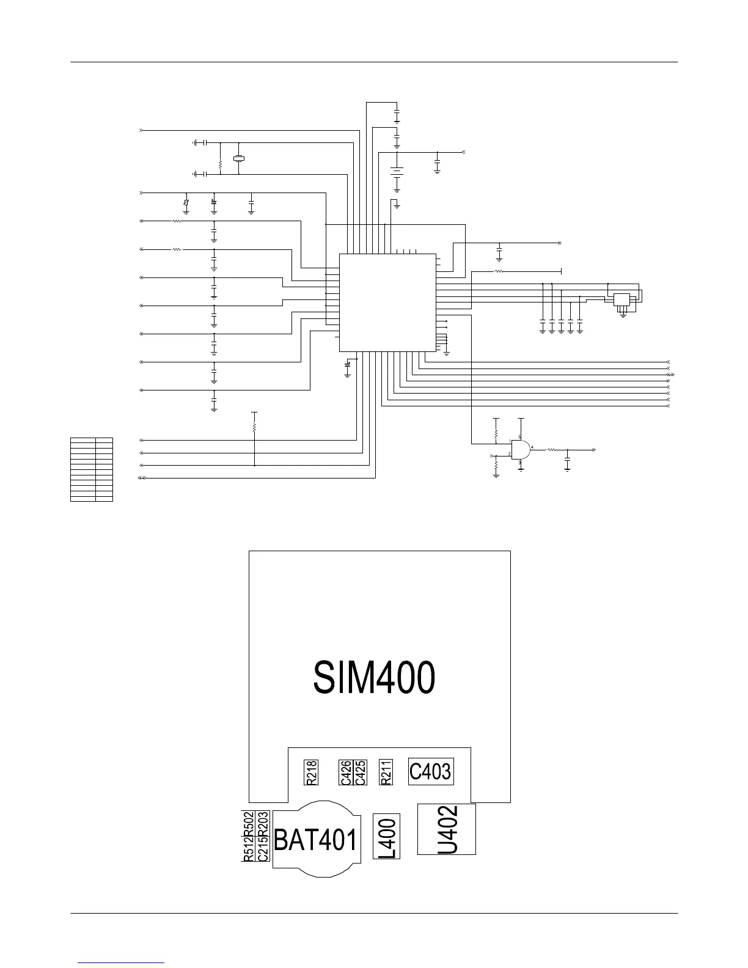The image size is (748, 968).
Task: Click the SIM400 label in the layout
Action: [374, 677]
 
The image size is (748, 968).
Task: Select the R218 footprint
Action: [312, 772]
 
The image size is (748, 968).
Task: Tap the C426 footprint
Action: [346, 772]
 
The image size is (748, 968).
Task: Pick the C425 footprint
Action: [360, 772]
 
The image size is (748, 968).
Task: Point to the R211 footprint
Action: [386, 772]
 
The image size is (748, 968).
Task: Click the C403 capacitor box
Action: [431, 772]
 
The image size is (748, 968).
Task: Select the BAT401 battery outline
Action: [315, 841]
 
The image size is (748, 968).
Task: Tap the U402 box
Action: [447, 829]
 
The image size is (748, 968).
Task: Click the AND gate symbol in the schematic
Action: [520, 450]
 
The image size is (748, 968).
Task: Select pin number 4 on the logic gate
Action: [533, 447]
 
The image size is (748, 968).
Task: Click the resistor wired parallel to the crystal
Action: [220, 164]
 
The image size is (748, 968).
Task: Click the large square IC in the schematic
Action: [387, 302]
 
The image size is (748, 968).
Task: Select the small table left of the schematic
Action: [92, 469]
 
